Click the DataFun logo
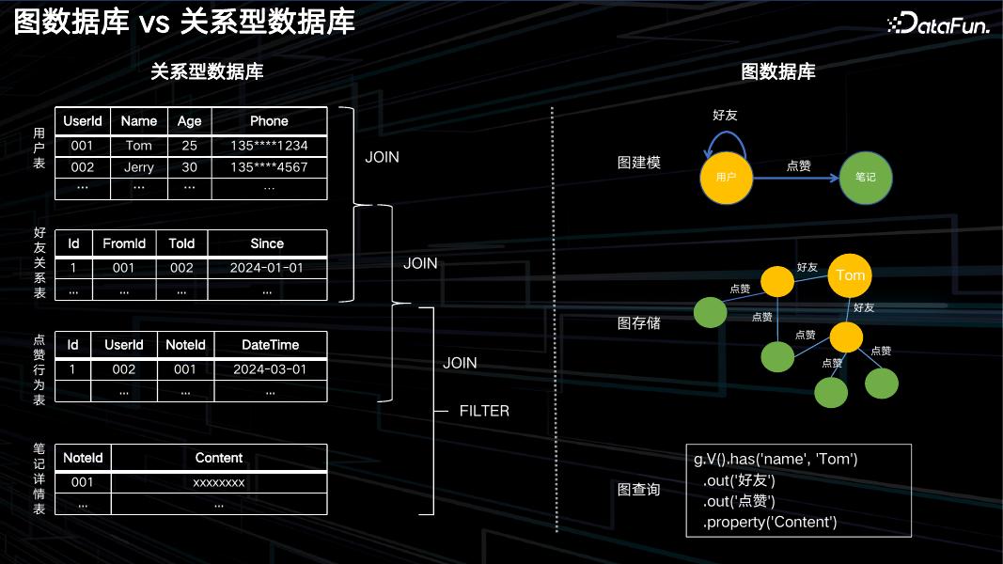click(x=938, y=25)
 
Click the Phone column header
click(x=269, y=121)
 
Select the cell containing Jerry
click(x=138, y=167)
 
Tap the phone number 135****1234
click(x=269, y=146)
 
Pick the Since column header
click(x=267, y=243)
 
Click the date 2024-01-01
click(x=267, y=268)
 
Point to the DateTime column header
click(x=270, y=345)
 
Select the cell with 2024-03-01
click(x=270, y=369)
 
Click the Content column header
click(x=219, y=458)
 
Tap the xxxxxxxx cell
click(x=219, y=482)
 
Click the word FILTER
click(x=484, y=411)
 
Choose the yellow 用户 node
click(x=727, y=177)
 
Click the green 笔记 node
click(x=865, y=177)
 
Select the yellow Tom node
click(x=850, y=275)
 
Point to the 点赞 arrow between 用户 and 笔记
click(x=797, y=176)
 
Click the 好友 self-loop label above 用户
click(x=726, y=116)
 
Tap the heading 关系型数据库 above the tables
click(x=207, y=71)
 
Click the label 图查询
click(x=638, y=490)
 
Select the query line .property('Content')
click(x=770, y=522)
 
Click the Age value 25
click(x=189, y=146)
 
